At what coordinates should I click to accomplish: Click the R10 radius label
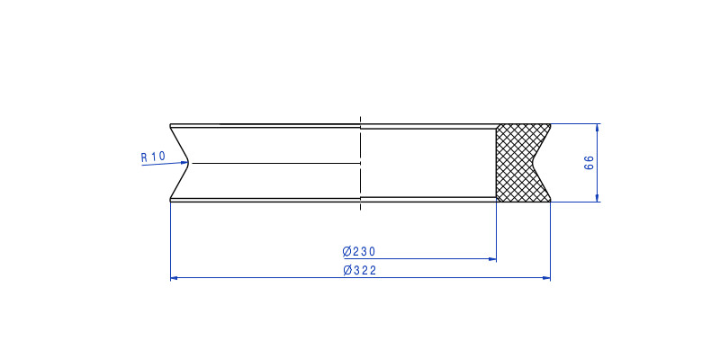(x=152, y=157)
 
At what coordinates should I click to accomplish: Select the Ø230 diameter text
(x=359, y=252)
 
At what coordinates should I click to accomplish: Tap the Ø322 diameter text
(x=359, y=271)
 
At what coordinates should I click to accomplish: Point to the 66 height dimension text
(x=589, y=163)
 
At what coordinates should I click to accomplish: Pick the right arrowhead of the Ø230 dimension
(x=492, y=259)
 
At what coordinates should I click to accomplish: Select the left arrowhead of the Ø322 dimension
(x=175, y=278)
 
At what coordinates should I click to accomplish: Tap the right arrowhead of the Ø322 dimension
(x=546, y=278)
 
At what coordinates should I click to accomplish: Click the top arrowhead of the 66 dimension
(x=598, y=128)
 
